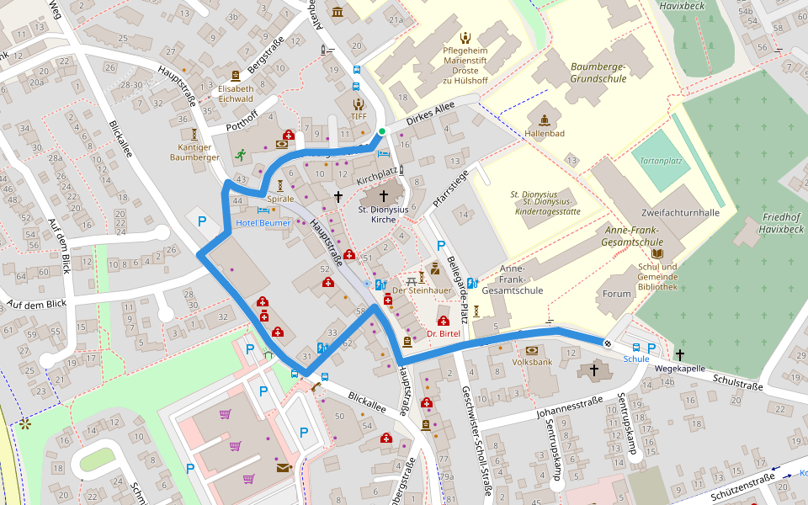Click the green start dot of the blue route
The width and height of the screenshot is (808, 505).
tap(381, 131)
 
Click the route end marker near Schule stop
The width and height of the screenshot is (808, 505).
tap(607, 342)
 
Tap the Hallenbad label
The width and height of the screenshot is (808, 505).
tap(545, 133)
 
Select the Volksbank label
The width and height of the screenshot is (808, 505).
tap(531, 363)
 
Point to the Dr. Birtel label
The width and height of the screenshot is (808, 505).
tap(443, 333)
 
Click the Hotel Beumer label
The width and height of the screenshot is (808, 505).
tap(263, 223)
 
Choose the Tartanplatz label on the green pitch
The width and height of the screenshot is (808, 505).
tap(660, 160)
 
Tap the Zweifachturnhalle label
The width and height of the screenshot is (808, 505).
tap(680, 213)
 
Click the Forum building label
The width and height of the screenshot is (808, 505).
tap(616, 294)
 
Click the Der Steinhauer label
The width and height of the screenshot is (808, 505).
tap(411, 290)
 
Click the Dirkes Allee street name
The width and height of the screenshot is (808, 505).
tap(430, 114)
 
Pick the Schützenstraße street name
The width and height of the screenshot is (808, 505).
tap(742, 484)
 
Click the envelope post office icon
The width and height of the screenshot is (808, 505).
tap(282, 467)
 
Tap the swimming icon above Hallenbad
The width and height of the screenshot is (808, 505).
tap(544, 119)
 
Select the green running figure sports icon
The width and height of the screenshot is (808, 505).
tap(241, 154)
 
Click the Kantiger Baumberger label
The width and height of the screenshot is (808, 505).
tap(194, 151)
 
